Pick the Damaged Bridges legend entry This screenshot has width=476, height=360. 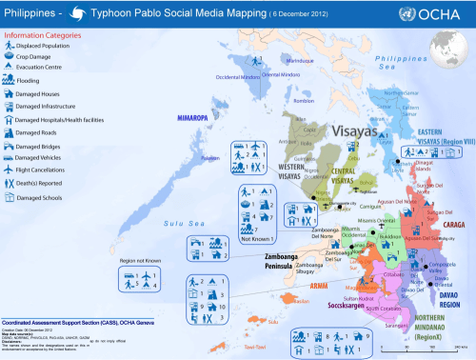coord(37,146)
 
